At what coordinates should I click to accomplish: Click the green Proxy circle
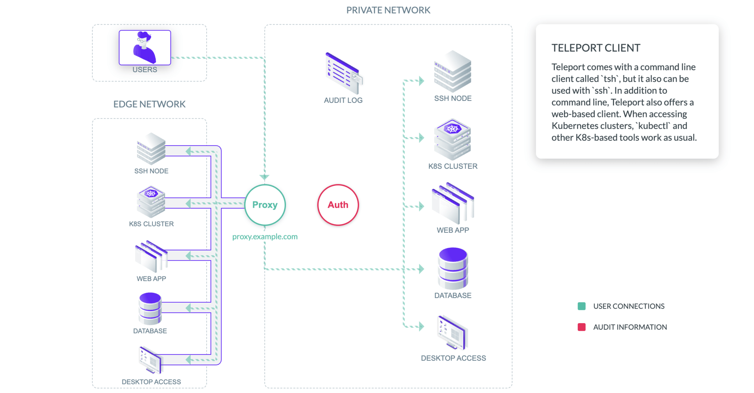click(x=265, y=205)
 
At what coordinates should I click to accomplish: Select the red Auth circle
click(x=338, y=205)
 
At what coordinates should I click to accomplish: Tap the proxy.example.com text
click(x=265, y=237)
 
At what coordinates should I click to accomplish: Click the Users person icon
click(x=145, y=48)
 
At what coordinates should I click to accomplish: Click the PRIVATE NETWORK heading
click(x=388, y=10)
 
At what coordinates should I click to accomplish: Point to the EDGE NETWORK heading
click(x=149, y=104)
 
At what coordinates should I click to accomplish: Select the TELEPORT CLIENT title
click(x=595, y=48)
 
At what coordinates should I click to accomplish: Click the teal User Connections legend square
click(x=582, y=306)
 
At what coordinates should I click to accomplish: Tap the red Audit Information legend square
click(x=582, y=327)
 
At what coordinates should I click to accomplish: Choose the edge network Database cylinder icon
click(x=150, y=308)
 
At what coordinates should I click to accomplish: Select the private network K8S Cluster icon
click(x=452, y=139)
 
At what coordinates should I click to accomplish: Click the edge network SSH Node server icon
click(x=151, y=149)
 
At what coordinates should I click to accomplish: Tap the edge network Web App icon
click(x=151, y=256)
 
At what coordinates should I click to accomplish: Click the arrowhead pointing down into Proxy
click(x=265, y=177)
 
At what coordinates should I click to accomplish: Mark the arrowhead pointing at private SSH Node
click(x=421, y=81)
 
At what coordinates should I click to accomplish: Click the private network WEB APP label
click(x=453, y=230)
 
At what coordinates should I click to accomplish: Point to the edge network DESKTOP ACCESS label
click(x=151, y=382)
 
